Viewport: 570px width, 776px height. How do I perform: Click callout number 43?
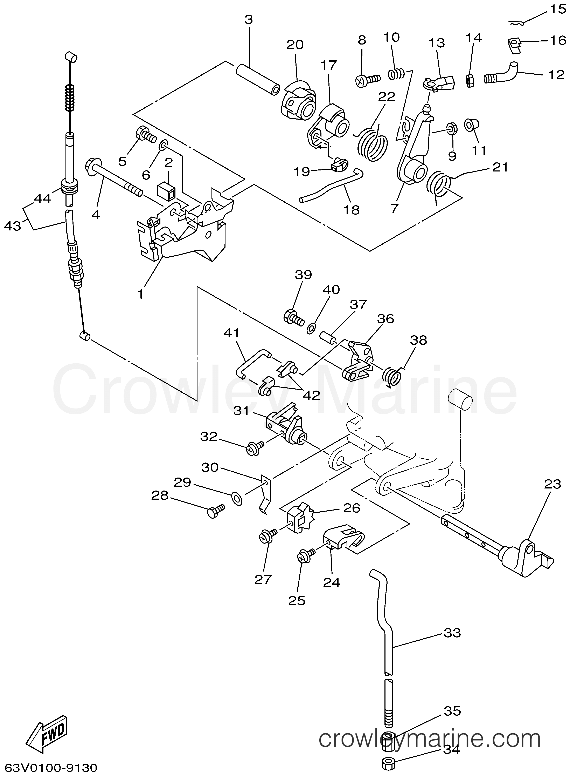click(x=12, y=226)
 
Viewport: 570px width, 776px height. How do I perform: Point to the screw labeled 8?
click(x=368, y=80)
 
